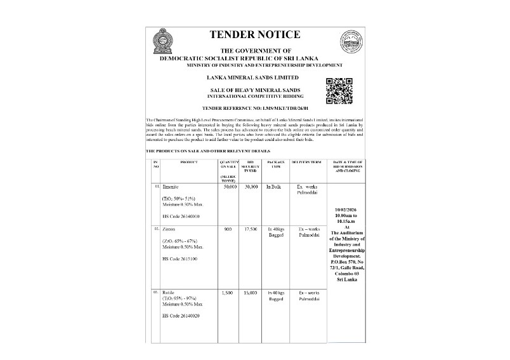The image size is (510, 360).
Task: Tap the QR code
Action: click(x=339, y=90)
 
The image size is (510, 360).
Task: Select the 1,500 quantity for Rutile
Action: click(x=228, y=293)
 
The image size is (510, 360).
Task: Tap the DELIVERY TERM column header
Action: click(x=308, y=162)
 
